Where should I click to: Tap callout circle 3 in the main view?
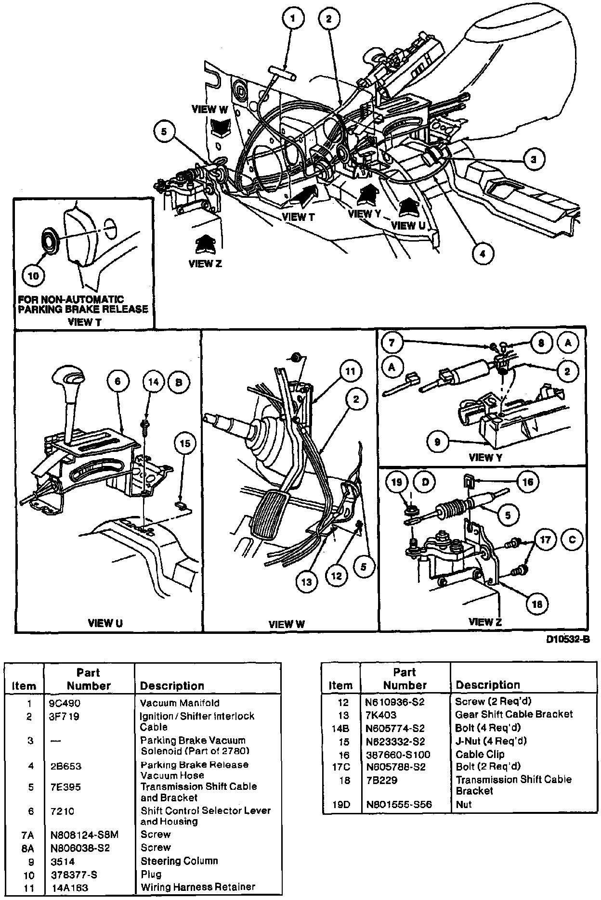click(x=533, y=159)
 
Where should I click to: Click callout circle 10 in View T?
click(x=34, y=276)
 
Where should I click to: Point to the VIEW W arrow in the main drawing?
click(x=221, y=128)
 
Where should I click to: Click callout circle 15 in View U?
click(x=185, y=444)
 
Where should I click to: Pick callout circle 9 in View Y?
click(x=437, y=441)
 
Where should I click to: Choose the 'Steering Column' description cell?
click(x=179, y=861)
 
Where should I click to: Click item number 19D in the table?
click(x=341, y=804)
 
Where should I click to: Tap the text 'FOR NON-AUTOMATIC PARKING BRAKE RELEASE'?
click(x=83, y=304)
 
